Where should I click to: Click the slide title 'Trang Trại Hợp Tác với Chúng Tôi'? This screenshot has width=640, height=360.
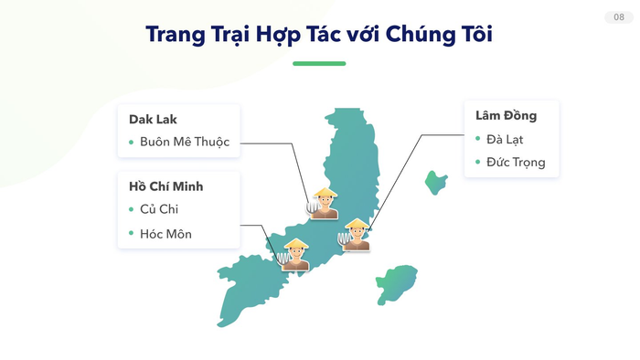tap(319, 34)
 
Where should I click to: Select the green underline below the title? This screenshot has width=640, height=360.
tap(319, 64)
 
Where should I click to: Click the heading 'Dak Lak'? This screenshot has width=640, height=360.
tap(153, 120)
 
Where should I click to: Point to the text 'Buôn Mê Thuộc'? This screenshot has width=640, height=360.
tap(185, 142)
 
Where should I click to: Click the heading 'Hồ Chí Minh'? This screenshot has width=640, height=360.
tap(166, 186)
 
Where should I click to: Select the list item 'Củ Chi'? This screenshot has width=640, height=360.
tap(159, 209)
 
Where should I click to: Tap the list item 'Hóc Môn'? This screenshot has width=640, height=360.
tap(165, 234)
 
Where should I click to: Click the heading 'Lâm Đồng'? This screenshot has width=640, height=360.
tap(506, 116)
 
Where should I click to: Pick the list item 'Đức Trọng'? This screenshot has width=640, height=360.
tap(516, 162)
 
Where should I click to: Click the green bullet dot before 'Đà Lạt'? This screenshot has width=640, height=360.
tap(477, 139)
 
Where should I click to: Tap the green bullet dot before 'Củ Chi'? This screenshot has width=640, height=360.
tap(132, 210)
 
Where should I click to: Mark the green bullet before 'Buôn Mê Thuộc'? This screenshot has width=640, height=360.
tap(132, 143)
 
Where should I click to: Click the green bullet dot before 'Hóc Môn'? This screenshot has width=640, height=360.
tap(132, 235)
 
